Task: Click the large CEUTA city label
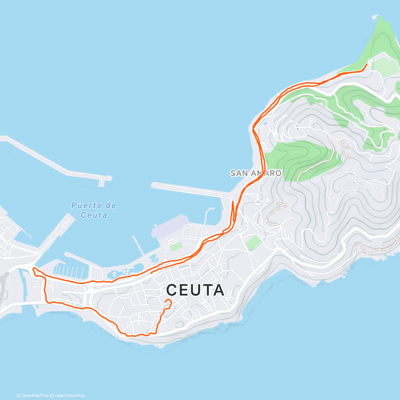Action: [x=195, y=290]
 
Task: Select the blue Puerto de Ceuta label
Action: [x=94, y=210]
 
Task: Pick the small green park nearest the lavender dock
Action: [x=176, y=247]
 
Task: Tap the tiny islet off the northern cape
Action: [x=375, y=17]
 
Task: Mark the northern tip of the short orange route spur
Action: [x=232, y=201]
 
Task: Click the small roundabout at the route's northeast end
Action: [x=370, y=62]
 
